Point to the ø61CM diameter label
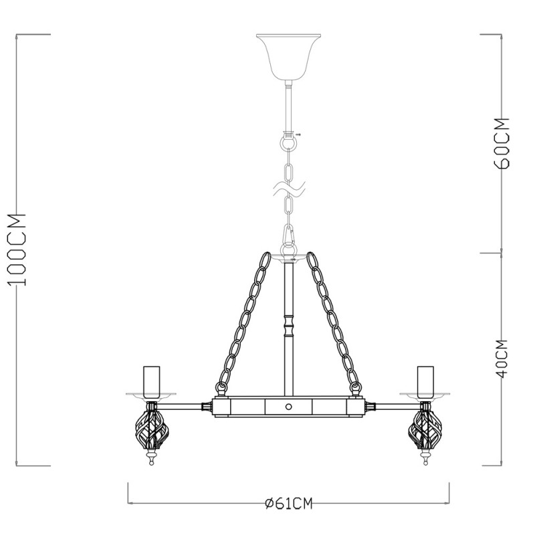click(289, 504)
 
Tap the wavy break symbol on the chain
click(289, 189)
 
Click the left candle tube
click(152, 381)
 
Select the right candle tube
click(425, 381)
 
